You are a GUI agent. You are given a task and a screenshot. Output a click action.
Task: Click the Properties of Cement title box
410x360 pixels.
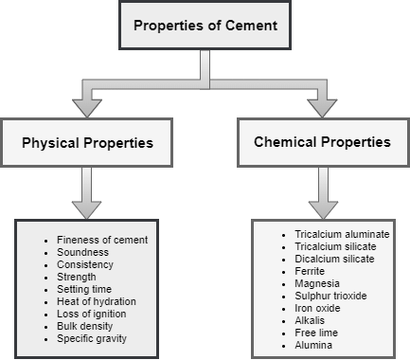[205, 26]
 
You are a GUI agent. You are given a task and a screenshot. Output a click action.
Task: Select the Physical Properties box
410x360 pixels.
[87, 144]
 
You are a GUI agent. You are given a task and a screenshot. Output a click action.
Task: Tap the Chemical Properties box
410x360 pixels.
[323, 143]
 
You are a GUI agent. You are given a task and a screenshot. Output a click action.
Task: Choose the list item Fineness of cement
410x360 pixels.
[102, 240]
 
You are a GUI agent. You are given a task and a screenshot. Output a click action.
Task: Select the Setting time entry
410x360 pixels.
[85, 289]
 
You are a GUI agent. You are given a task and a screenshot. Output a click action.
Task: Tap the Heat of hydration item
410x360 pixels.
[97, 301]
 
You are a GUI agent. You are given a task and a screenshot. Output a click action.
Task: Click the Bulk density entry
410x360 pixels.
[86, 326]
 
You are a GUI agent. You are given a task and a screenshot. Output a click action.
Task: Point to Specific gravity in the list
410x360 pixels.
[91, 338]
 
